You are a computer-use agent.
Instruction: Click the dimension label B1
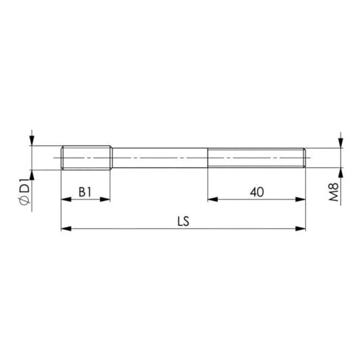[x=85, y=192]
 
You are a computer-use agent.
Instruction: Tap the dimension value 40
[x=257, y=192]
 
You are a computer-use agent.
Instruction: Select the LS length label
[x=183, y=221]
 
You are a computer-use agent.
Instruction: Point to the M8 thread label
[x=334, y=192]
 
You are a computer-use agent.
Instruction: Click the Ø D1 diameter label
[x=27, y=192]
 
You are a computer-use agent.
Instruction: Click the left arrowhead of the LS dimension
[x=66, y=228]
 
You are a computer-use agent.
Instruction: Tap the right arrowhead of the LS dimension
[x=301, y=228]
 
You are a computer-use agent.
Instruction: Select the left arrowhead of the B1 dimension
[x=66, y=200]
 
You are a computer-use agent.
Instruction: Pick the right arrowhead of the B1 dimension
[x=105, y=200]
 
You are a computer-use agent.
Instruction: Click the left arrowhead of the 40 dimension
[x=213, y=200]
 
